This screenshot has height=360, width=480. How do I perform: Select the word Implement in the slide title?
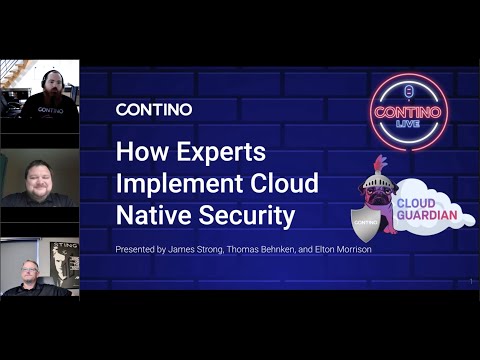(171, 183)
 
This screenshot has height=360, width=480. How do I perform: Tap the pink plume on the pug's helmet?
(379, 162)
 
